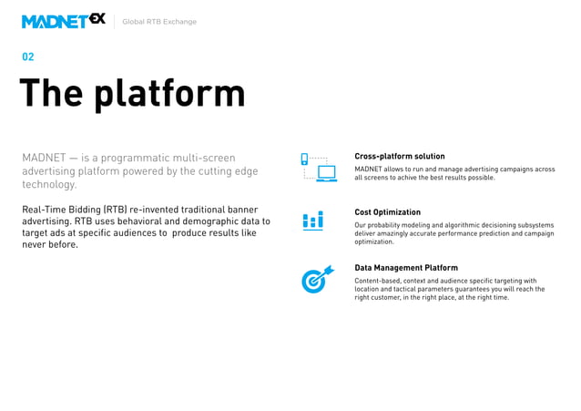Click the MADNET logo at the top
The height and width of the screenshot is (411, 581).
(63, 21)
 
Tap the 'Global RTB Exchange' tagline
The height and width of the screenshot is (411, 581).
(159, 22)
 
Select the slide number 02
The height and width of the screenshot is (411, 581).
(28, 57)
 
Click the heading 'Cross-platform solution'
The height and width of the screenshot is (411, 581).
(399, 157)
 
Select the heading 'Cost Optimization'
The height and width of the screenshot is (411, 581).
(387, 212)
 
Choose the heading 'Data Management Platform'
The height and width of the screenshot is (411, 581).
(405, 268)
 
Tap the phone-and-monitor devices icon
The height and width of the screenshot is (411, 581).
(319, 167)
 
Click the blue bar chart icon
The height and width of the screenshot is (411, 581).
(312, 221)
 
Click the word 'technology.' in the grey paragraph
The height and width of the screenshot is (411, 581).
(49, 185)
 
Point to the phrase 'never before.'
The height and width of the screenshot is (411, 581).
(50, 245)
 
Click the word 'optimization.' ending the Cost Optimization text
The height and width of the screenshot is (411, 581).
(373, 242)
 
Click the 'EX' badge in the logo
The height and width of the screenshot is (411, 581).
(97, 18)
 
